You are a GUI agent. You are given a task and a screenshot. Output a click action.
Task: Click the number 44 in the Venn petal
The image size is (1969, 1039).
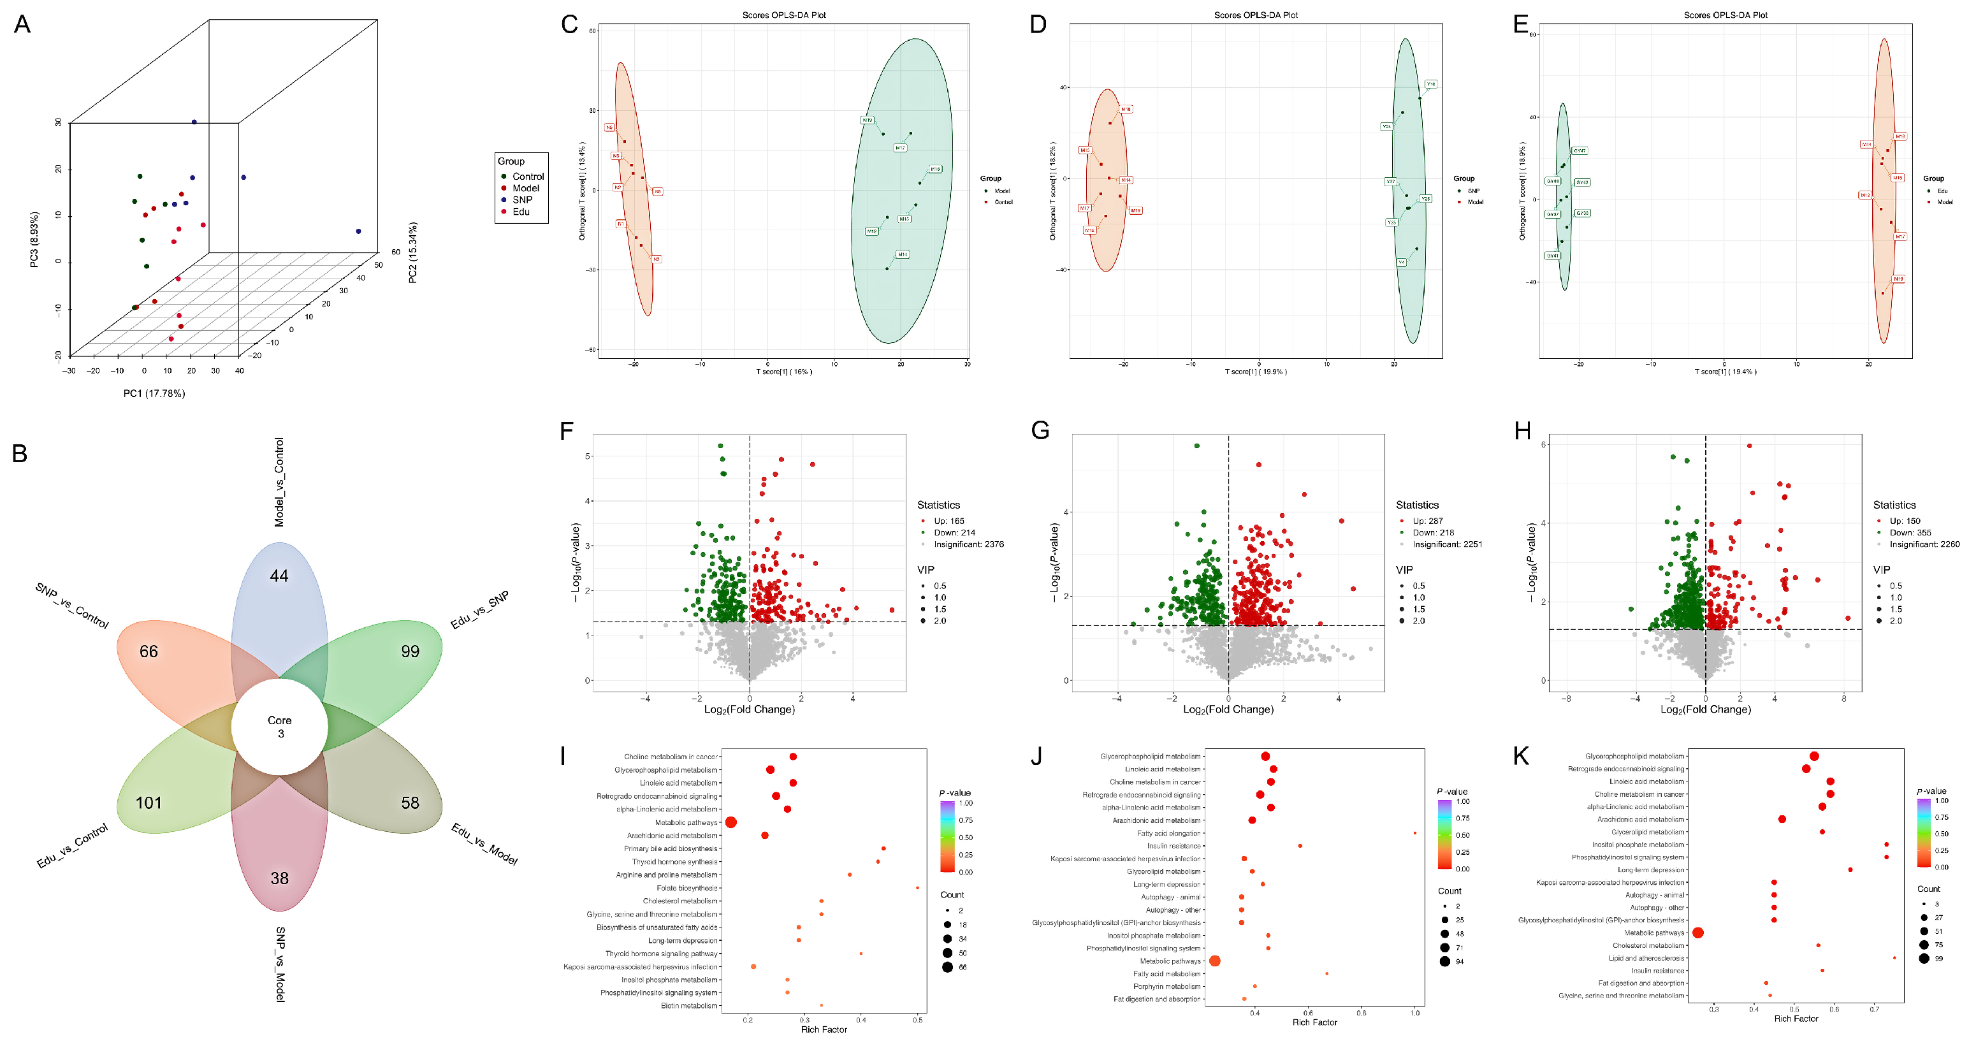tap(279, 576)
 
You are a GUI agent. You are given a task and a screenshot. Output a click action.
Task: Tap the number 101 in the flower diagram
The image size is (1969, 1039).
tap(149, 803)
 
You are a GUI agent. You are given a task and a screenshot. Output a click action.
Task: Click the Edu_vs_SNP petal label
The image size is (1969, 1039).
tap(479, 610)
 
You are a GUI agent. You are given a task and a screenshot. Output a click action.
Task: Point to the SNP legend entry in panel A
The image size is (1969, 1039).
tap(521, 200)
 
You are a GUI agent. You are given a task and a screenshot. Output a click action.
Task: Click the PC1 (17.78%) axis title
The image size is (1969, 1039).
tap(154, 393)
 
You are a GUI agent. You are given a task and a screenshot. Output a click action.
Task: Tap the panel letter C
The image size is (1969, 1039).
tap(569, 24)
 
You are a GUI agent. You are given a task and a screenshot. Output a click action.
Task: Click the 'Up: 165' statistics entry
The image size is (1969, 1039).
tap(948, 521)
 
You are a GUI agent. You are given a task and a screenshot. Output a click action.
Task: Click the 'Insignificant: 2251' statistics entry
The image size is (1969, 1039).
tap(1446, 544)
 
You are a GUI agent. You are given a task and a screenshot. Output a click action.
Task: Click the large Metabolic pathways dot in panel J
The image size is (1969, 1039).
tap(1214, 961)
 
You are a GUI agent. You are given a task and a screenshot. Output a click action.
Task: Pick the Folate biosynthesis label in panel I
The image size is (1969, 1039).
tap(687, 888)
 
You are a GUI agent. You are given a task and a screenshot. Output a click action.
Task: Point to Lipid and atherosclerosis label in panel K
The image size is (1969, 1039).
tap(1646, 958)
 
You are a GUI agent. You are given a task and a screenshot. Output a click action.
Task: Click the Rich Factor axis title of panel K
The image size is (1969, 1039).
tap(1796, 1019)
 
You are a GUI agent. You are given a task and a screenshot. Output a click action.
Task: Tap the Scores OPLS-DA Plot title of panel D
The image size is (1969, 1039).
tap(1255, 15)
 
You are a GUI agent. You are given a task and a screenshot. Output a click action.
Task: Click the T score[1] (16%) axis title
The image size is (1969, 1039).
tap(783, 372)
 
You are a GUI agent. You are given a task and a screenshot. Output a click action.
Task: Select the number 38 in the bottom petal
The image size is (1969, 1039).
tap(280, 878)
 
